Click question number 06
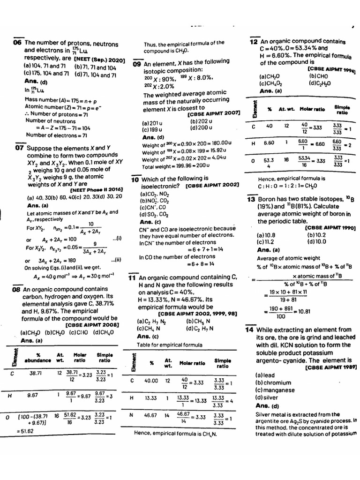click(17, 43)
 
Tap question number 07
click(19, 148)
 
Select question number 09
click(137, 64)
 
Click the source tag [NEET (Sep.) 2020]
click(99, 60)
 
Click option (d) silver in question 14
click(267, 397)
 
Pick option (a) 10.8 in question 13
click(266, 235)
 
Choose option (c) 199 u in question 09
click(152, 130)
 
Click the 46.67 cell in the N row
click(151, 415)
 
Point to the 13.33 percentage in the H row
click(151, 398)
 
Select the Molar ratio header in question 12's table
click(312, 109)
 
